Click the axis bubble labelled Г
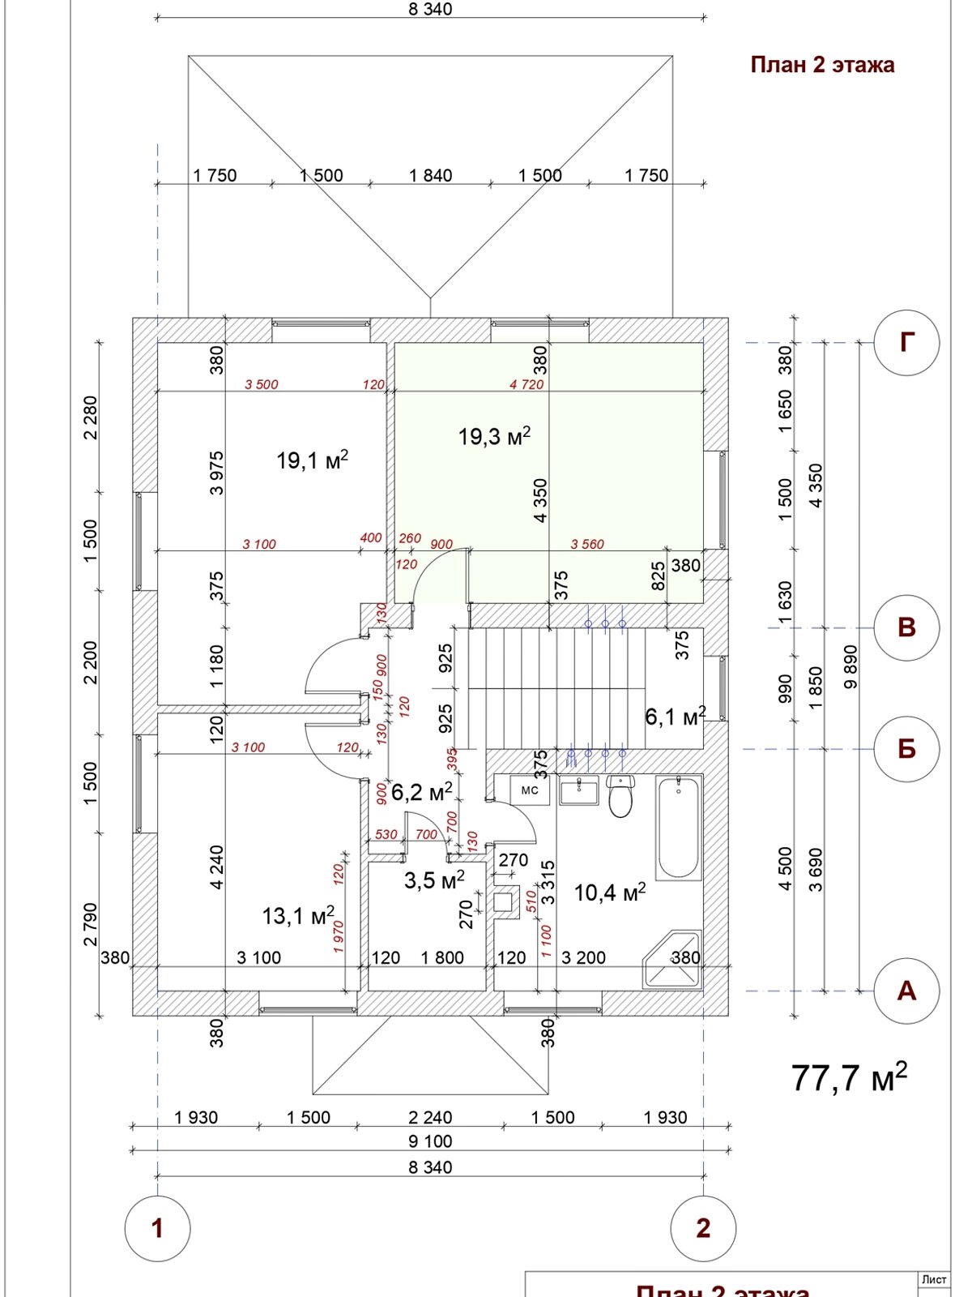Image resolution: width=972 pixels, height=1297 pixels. (906, 343)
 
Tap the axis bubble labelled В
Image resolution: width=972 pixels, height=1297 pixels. (906, 627)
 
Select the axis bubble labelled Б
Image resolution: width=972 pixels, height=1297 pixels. (906, 748)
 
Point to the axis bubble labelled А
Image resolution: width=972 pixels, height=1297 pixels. (906, 991)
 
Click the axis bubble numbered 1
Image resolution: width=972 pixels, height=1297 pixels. (157, 1228)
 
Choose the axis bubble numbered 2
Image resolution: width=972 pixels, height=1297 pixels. (703, 1228)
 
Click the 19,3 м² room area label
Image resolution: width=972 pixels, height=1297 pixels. (494, 437)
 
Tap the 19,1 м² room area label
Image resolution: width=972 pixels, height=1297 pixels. (312, 461)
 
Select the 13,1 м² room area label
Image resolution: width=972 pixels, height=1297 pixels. (297, 916)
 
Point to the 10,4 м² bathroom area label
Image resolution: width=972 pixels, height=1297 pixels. (609, 893)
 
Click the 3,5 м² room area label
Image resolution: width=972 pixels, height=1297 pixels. (434, 880)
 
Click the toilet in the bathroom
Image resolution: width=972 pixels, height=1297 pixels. (620, 796)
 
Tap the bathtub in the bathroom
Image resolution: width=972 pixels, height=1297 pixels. (678, 828)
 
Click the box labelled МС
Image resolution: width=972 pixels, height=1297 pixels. (530, 790)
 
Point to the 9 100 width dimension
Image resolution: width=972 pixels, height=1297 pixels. (430, 1141)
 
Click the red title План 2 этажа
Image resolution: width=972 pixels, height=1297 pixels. (822, 65)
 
